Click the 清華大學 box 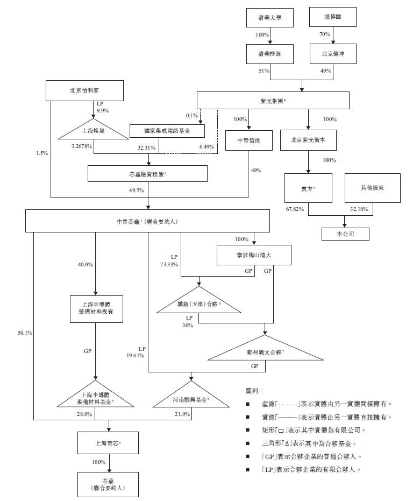pyautogui.click(x=270, y=18)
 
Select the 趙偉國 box pyautogui.click(x=333, y=18)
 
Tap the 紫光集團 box pyautogui.click(x=273, y=101)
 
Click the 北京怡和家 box pyautogui.click(x=85, y=90)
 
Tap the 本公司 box pyautogui.click(x=345, y=234)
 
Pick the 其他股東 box pyautogui.click(x=373, y=188)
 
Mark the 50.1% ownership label pyautogui.click(x=25, y=333)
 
